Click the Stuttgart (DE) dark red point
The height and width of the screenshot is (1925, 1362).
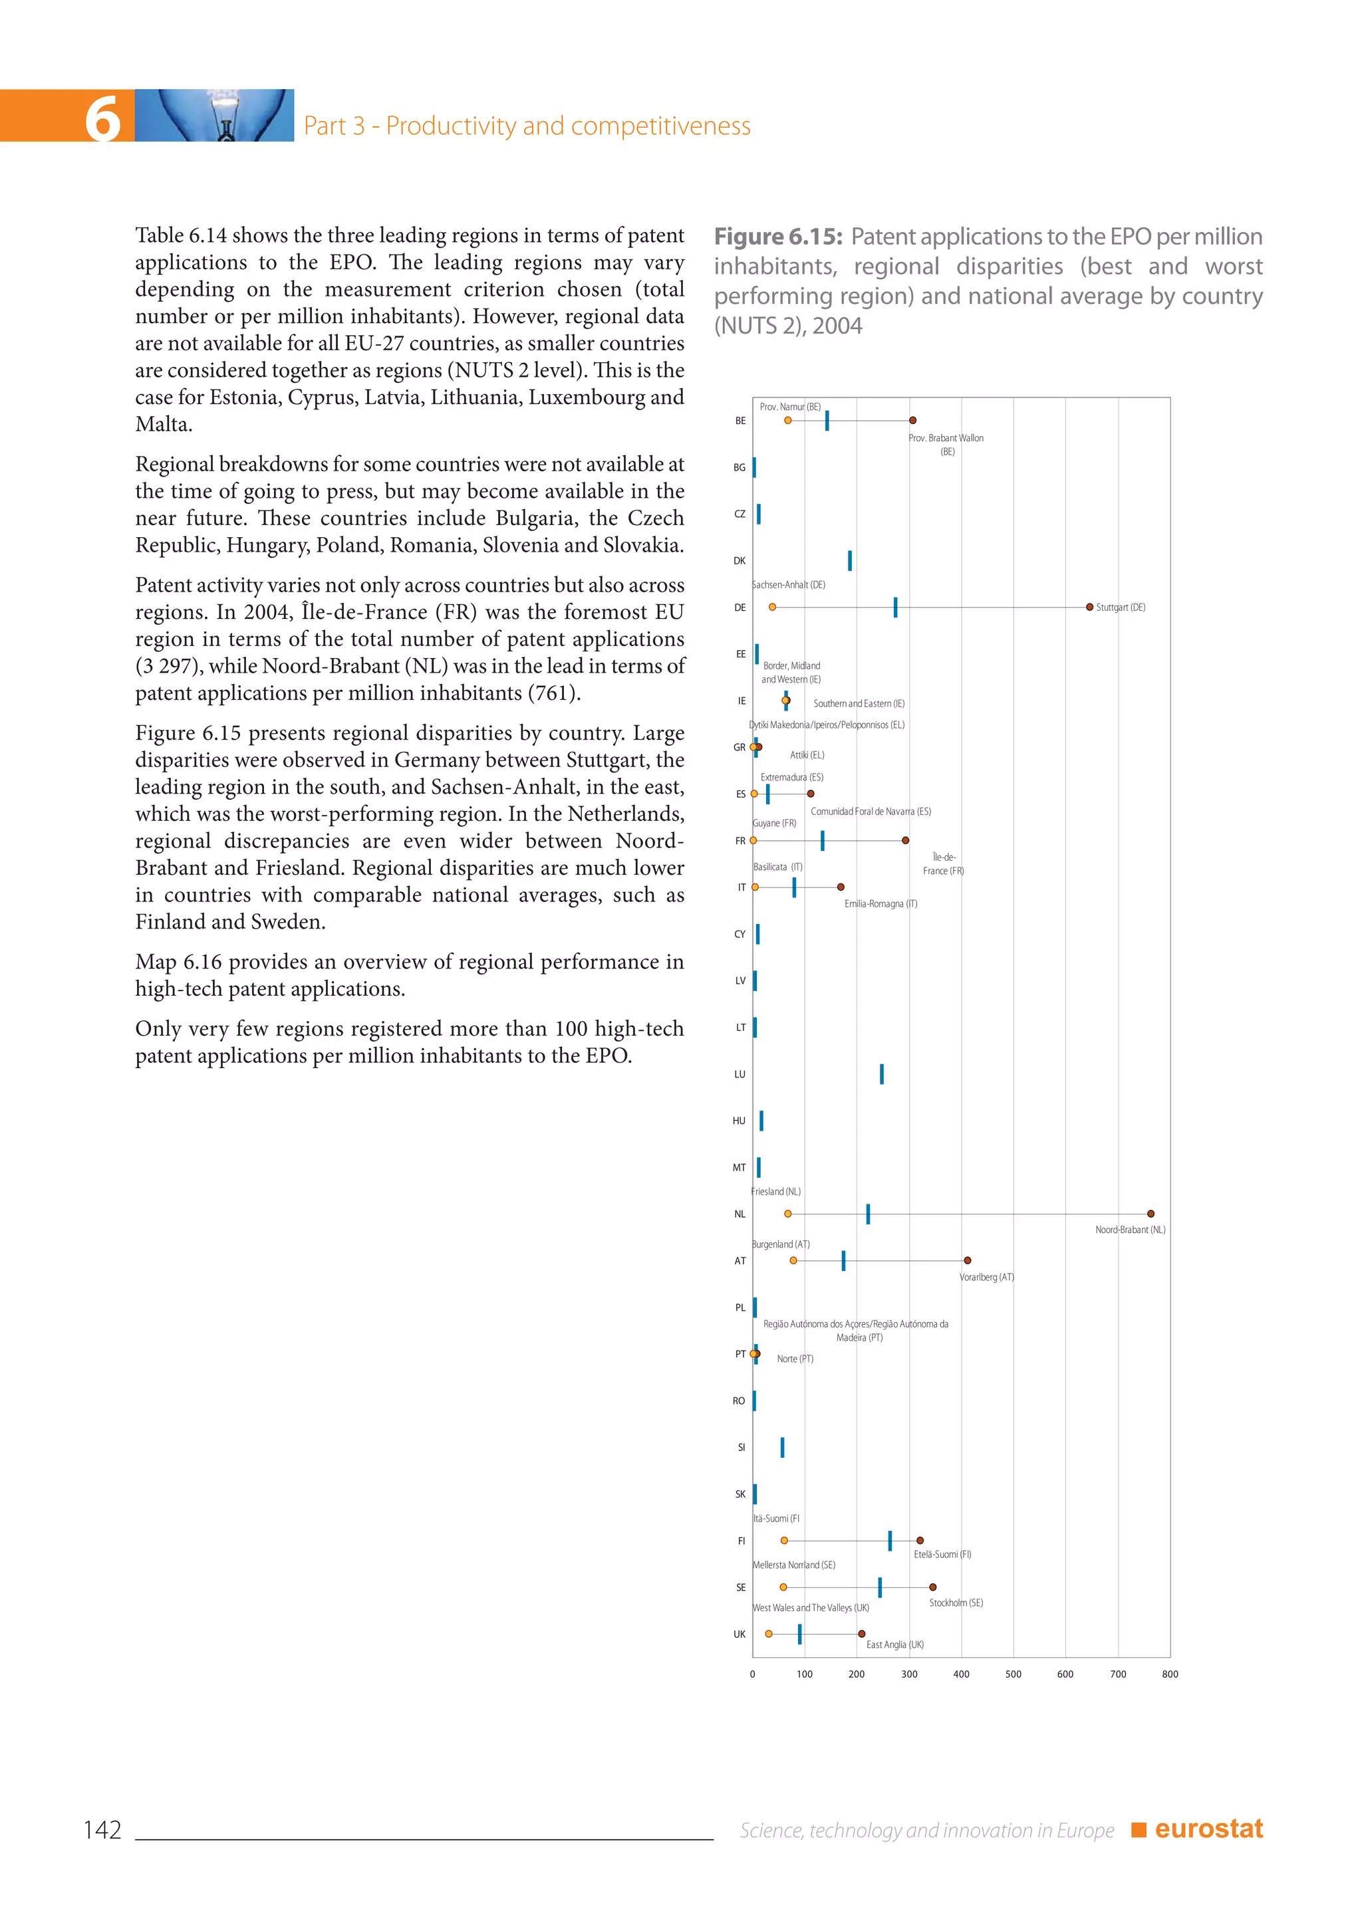(1089, 607)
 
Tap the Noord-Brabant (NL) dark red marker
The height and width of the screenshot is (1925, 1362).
(1151, 1214)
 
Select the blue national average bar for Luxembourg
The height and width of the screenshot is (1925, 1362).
(881, 1074)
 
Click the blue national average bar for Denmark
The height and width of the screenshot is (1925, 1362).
(849, 561)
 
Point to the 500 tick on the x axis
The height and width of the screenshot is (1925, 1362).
(1013, 1674)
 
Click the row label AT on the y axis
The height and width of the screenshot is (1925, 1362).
(740, 1261)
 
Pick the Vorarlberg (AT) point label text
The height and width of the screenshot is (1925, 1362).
(986, 1278)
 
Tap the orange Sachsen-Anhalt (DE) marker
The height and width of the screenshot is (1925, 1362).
(772, 607)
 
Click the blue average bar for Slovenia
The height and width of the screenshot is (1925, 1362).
(783, 1447)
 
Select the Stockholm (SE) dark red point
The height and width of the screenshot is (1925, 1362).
(932, 1587)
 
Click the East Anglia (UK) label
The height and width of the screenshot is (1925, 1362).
(895, 1645)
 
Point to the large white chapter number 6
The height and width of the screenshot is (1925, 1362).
(102, 118)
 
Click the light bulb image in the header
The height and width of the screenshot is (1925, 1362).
(215, 116)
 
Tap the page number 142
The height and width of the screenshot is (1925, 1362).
(102, 1829)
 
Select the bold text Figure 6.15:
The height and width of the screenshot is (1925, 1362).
(777, 237)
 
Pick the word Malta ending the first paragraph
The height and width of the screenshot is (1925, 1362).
(163, 424)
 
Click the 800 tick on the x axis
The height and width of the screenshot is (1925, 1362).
(1170, 1674)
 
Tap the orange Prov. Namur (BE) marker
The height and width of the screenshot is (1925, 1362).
(787, 420)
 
